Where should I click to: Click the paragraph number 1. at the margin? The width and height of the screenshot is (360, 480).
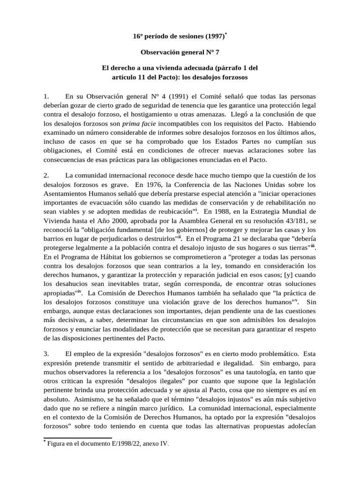pos(46,97)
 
